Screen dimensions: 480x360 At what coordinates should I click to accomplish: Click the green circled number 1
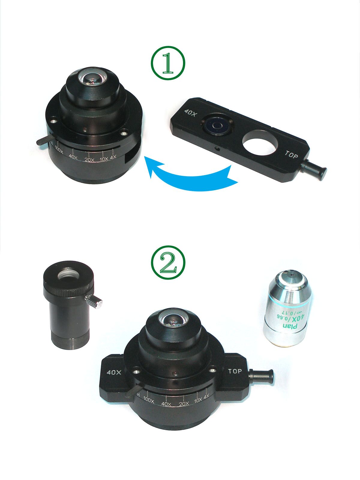168,62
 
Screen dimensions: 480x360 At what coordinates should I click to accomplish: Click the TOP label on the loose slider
291,155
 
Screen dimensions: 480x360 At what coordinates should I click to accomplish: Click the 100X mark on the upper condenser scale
59,152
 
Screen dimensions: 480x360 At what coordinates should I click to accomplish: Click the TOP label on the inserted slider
235,371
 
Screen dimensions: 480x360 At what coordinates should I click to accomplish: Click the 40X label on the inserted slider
114,373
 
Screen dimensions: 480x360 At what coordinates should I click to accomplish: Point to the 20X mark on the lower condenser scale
184,404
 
